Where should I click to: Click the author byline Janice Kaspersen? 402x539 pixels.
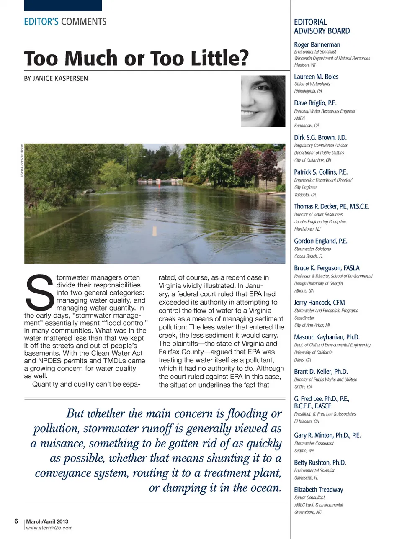pos(56,78)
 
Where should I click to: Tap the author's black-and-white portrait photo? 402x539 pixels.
pos(263,101)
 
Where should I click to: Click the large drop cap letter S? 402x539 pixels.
pos(39,291)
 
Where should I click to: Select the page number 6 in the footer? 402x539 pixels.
pos(16,521)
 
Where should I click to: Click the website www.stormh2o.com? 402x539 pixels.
pos(49,528)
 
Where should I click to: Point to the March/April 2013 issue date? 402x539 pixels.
pos(47,521)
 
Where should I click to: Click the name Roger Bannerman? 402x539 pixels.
pos(317,45)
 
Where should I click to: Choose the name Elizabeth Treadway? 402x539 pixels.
pos(318,490)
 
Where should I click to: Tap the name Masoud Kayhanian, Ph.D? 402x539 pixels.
pos(327,337)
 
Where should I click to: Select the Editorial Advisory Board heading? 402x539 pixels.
pos(322,26)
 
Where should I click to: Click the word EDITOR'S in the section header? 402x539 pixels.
pos(41,22)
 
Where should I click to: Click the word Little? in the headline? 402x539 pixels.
pos(220,58)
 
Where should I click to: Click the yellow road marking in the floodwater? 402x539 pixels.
pos(155,231)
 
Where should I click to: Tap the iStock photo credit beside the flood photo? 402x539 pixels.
pos(21,159)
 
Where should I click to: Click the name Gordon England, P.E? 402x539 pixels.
pos(320,241)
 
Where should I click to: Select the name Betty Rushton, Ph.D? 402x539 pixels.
pos(320,462)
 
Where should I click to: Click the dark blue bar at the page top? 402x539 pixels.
pos(63,5)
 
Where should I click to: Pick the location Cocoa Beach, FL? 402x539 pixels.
pos(308,256)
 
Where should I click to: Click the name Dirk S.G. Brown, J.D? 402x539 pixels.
pos(320,138)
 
